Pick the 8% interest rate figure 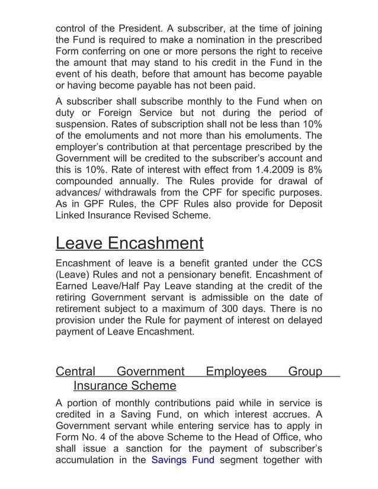pyautogui.click(x=314, y=170)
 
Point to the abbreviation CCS pyautogui.click(x=310, y=263)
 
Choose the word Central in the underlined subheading pyautogui.click(x=75, y=372)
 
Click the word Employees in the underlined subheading pyautogui.click(x=236, y=372)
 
